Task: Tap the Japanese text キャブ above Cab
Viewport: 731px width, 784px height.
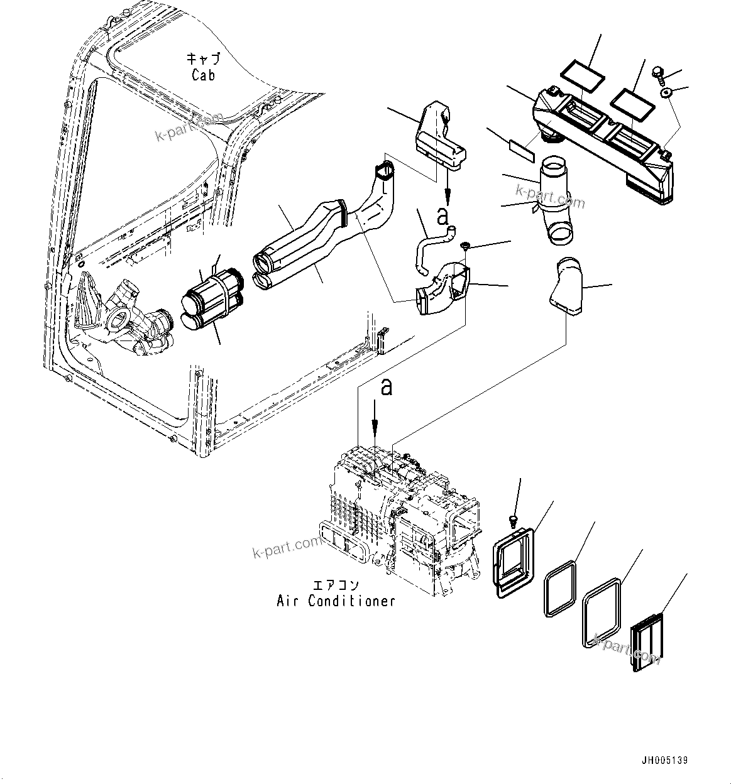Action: (x=202, y=59)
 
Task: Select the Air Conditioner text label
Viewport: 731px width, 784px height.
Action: (x=336, y=601)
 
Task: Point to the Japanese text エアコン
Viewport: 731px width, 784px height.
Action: (x=336, y=585)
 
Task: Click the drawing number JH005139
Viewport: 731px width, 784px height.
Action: (x=666, y=760)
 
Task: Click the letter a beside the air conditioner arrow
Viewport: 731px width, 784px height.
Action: (x=386, y=388)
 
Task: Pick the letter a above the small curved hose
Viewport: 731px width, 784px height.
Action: (x=443, y=217)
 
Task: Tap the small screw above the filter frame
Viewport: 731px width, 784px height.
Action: (x=512, y=520)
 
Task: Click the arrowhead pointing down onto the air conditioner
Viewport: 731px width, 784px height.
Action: (x=375, y=433)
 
